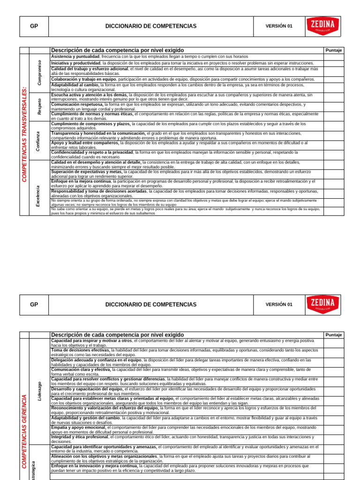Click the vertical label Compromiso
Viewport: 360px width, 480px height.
coord(39,72)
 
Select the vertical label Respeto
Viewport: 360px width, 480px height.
coord(39,106)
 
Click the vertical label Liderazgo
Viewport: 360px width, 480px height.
coord(39,390)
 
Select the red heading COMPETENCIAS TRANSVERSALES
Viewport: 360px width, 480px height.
coord(24,134)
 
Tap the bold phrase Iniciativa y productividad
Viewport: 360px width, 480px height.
coord(75,63)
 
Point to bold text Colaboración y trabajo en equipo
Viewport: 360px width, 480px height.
coord(83,79)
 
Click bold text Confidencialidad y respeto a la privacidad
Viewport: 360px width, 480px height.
coord(92,152)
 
